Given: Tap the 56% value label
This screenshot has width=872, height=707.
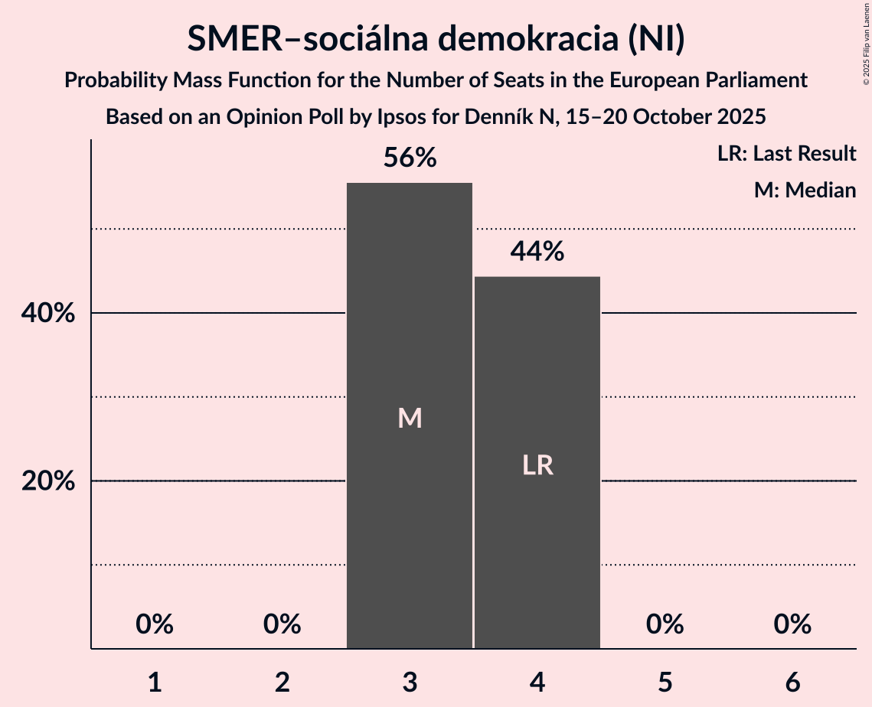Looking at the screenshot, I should (x=410, y=158).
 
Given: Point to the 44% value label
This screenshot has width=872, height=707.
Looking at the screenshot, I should (x=537, y=252).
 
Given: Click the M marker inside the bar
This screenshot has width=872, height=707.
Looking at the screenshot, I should (x=410, y=418).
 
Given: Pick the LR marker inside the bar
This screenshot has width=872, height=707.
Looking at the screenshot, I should (x=537, y=465).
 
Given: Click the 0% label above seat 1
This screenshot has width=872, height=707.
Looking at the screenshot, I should (x=155, y=624).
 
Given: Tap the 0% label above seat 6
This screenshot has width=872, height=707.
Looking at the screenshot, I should (x=792, y=624).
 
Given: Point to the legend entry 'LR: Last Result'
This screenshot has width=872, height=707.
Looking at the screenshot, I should (x=786, y=154).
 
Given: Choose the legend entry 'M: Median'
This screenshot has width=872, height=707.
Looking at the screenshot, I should (x=805, y=190).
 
